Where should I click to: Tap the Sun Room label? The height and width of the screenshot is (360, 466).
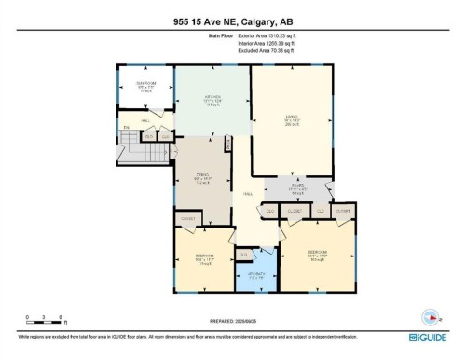tap(144, 88)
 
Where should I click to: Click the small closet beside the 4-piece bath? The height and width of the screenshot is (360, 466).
tap(243, 254)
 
